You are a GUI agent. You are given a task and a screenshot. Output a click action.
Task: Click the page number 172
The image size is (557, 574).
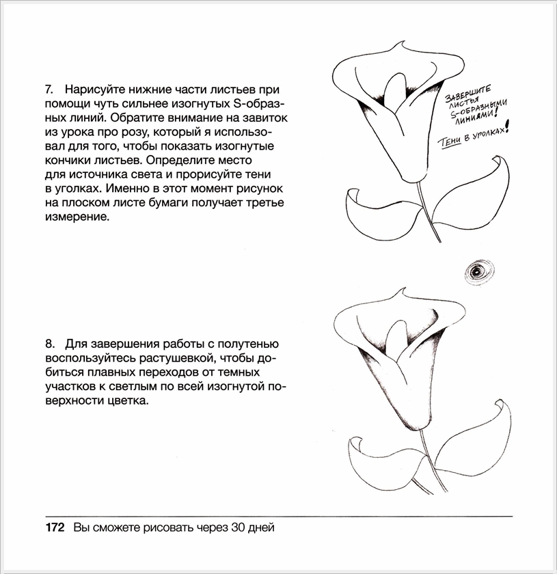(54, 528)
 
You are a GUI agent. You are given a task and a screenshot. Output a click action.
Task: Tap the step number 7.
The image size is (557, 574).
(49, 90)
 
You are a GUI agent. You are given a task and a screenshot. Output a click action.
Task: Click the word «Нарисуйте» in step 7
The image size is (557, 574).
(93, 90)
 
